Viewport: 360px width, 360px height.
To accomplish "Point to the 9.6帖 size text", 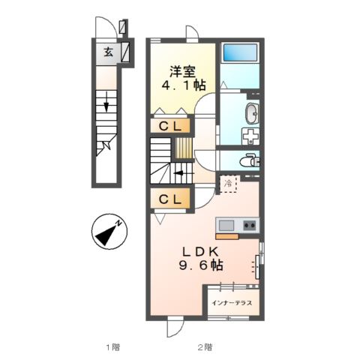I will click(199, 265).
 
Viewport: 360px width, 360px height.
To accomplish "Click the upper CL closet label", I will click(170, 127).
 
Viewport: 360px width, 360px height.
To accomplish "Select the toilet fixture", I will click(249, 160).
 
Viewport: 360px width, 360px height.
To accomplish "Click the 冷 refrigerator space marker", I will click(227, 182).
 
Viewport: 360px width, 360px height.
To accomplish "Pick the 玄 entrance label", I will click(108, 52).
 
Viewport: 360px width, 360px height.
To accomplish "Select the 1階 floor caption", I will click(112, 347).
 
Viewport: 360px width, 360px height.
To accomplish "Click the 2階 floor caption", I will click(205, 347).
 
